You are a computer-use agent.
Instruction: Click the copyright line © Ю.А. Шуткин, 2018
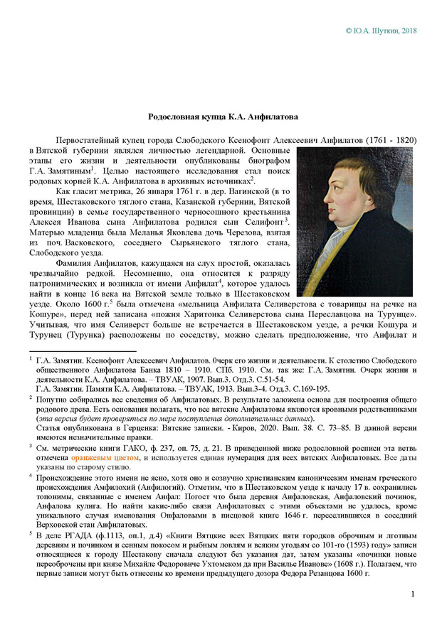pyautogui.click(x=381, y=31)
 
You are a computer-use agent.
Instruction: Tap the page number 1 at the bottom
pyautogui.click(x=414, y=594)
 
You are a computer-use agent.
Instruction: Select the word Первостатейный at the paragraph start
pyautogui.click(x=90, y=141)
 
